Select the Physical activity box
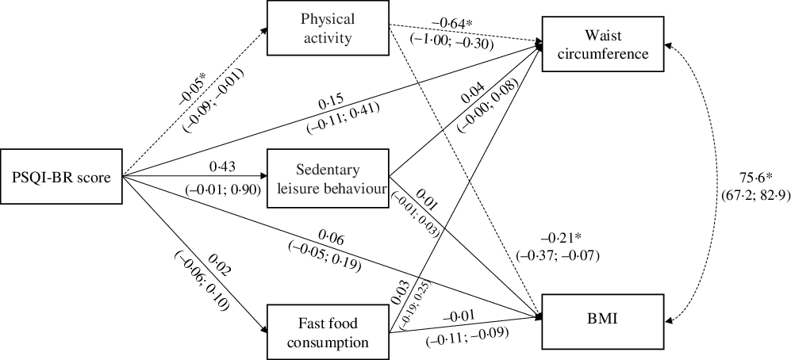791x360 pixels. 326,29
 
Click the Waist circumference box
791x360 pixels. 605,45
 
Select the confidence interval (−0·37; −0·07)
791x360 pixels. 557,255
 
